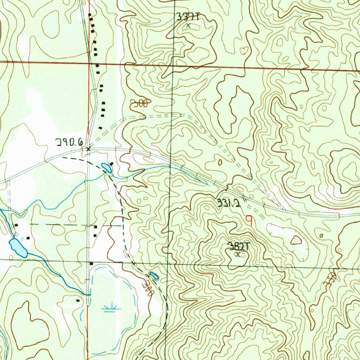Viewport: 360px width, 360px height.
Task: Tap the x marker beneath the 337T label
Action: coord(188,25)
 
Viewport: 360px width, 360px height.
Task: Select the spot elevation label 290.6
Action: coord(69,142)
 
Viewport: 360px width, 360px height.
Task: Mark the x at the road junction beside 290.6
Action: coord(88,149)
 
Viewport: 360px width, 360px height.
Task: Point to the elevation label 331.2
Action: coord(229,203)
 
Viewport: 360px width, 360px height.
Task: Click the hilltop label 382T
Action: coord(238,246)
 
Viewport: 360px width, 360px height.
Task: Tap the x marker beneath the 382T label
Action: coord(238,255)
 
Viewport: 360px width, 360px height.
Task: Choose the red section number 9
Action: coord(249,220)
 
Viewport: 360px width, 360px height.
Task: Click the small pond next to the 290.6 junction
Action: coord(107,168)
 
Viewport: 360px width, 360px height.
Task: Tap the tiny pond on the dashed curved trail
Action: coord(154,276)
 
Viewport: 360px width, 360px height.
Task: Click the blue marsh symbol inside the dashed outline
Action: coord(111,309)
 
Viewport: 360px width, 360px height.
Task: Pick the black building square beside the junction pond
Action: coord(112,164)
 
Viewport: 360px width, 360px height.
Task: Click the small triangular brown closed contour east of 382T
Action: coord(296,240)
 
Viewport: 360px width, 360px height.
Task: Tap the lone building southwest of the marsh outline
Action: coord(78,301)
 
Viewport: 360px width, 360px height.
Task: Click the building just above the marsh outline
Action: coord(91,263)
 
